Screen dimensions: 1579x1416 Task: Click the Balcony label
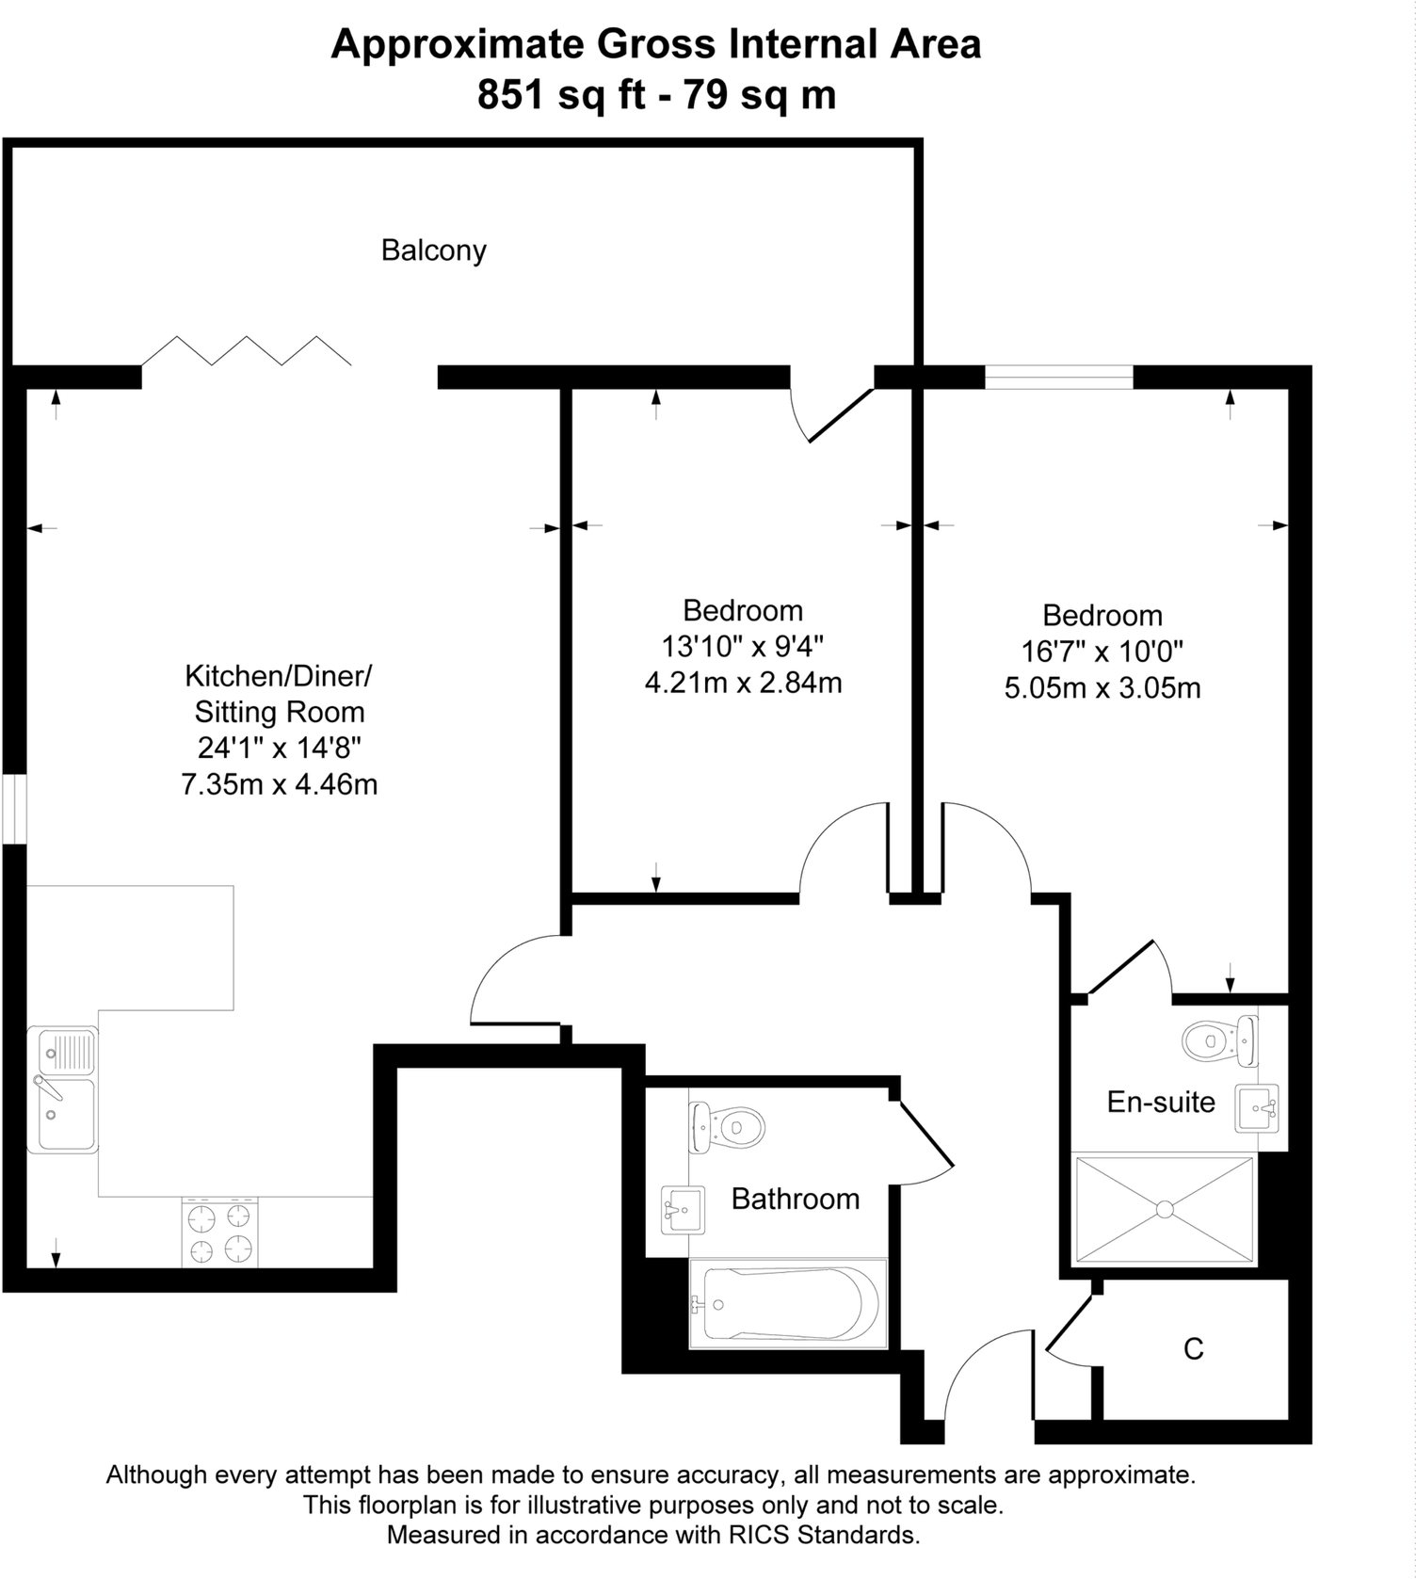[433, 250]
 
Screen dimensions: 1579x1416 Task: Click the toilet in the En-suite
[1219, 1040]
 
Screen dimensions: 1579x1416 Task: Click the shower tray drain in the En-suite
[1165, 1208]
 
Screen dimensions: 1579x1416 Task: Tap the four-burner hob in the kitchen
[220, 1233]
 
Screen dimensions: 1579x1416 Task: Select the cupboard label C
[1193, 1349]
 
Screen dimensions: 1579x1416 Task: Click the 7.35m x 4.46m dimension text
[280, 783]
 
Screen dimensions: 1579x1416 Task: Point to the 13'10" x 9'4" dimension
[742, 647]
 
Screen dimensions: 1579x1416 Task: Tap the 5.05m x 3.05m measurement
[1102, 688]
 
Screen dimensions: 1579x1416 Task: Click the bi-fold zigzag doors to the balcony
[247, 350]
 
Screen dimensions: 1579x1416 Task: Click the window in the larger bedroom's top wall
[1059, 378]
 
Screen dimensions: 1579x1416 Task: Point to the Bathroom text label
[796, 1199]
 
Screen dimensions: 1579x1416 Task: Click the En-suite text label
[1161, 1102]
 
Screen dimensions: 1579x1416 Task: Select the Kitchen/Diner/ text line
[279, 676]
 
